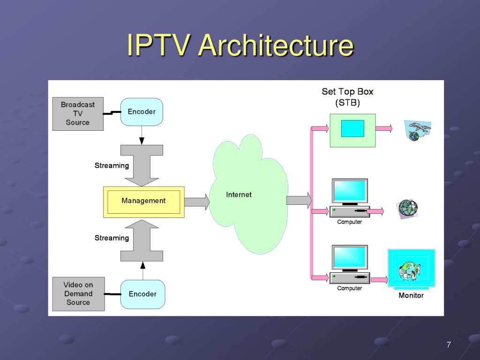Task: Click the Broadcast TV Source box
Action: click(78, 114)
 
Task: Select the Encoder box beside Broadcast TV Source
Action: click(142, 112)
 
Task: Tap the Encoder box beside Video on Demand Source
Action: click(142, 294)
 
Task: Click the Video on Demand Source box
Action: click(78, 294)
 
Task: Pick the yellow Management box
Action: click(144, 202)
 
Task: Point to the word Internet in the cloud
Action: click(239, 195)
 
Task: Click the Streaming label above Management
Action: click(112, 165)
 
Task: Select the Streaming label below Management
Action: click(112, 238)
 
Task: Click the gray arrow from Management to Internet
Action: click(197, 202)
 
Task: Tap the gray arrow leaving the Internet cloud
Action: click(299, 201)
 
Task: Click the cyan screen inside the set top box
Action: click(352, 128)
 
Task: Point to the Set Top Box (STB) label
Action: click(347, 97)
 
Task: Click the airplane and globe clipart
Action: click(417, 130)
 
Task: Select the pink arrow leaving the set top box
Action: click(384, 128)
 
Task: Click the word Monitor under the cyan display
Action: click(411, 295)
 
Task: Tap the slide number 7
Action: click(449, 345)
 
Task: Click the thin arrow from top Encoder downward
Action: click(142, 135)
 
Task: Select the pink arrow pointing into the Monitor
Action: click(379, 279)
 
